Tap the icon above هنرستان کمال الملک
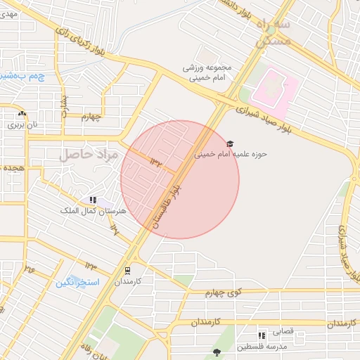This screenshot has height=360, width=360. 94,200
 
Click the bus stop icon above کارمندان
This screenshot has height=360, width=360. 127,270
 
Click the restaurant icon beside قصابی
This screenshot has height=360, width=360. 262,335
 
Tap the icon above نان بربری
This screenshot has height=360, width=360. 22,113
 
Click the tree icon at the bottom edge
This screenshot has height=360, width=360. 216,352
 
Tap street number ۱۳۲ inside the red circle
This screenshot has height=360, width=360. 156,163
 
